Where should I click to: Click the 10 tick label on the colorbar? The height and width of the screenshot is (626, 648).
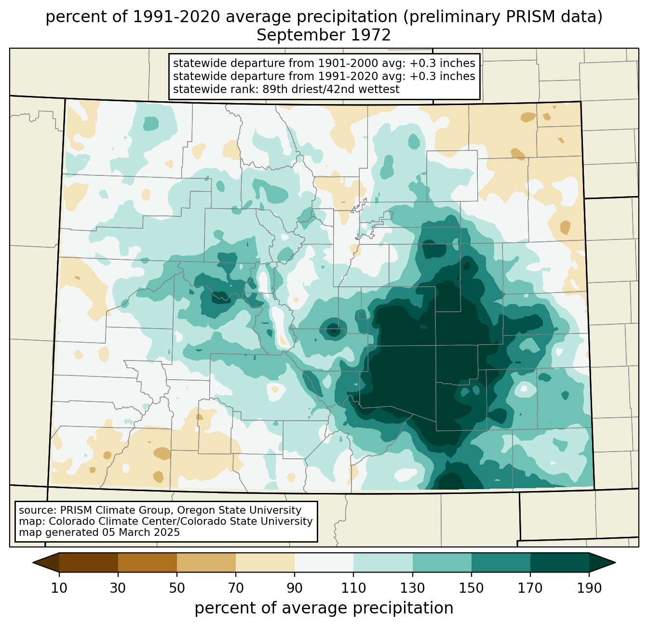click(x=59, y=588)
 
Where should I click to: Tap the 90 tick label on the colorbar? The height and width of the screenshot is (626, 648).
click(x=295, y=588)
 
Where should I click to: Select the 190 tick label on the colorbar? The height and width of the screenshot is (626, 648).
click(x=589, y=588)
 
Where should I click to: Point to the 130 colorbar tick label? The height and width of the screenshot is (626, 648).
click(x=413, y=588)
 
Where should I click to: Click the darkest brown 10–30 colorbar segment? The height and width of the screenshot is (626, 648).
click(x=89, y=562)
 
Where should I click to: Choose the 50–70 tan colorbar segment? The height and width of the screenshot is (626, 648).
click(x=206, y=562)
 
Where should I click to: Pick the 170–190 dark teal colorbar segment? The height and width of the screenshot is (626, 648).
click(x=559, y=562)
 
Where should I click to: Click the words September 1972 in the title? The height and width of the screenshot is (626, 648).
click(x=324, y=35)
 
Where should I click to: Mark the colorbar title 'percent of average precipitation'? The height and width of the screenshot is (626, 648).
click(x=324, y=608)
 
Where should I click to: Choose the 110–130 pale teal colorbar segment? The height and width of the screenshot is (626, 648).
click(x=383, y=562)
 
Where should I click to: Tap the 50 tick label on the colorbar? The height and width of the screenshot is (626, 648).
click(x=177, y=588)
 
